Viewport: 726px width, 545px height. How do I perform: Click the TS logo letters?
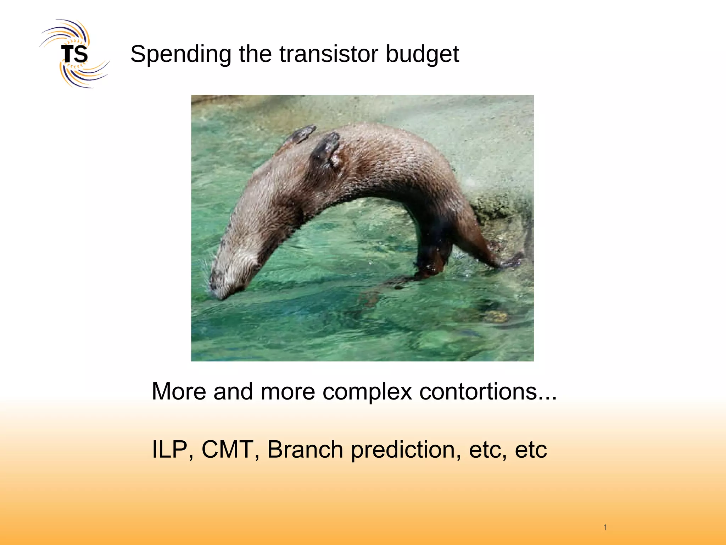pos(74,54)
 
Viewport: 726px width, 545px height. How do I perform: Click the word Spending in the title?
pos(180,54)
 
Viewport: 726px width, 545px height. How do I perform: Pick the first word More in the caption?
pos(179,392)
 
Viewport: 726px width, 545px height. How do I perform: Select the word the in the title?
pos(256,54)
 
